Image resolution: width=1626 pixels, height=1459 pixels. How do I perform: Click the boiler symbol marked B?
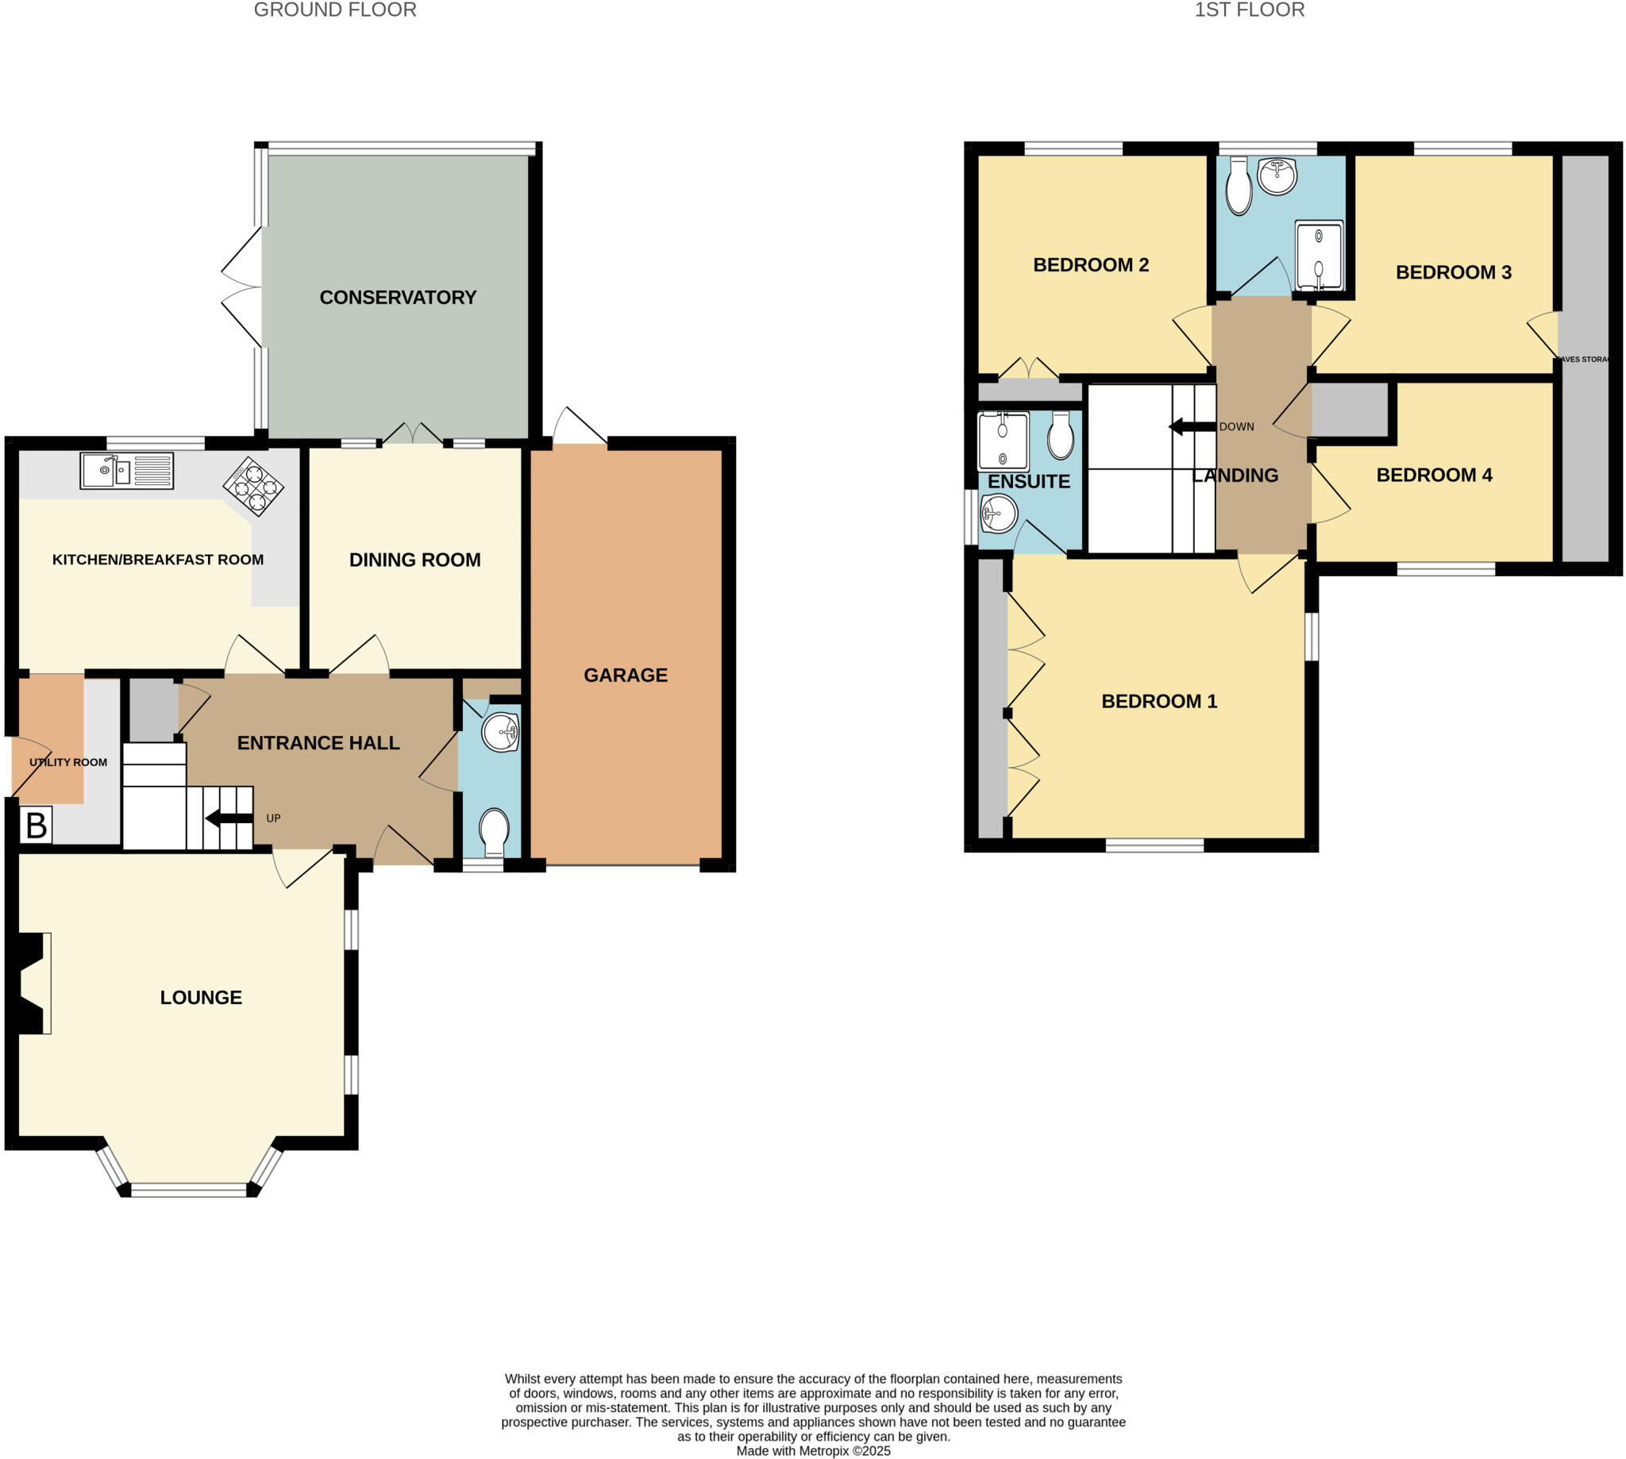click(x=36, y=826)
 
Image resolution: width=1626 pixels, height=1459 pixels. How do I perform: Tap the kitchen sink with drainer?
click(x=127, y=471)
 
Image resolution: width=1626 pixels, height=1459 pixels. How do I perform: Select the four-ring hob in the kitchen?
click(x=253, y=485)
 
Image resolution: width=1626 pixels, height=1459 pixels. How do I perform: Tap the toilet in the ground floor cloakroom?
click(x=493, y=833)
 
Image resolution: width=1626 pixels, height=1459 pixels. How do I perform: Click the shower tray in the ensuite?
click(x=1002, y=441)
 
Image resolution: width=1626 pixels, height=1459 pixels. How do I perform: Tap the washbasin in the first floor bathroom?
click(x=1277, y=176)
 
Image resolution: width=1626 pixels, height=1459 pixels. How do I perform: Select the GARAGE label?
click(x=626, y=675)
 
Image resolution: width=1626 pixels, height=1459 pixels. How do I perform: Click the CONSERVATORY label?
click(x=398, y=298)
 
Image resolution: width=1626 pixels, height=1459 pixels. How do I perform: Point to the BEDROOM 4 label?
click(x=1434, y=475)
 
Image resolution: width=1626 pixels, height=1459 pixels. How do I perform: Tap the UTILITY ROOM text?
click(x=68, y=762)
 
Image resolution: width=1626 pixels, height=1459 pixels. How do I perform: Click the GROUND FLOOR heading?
click(x=335, y=10)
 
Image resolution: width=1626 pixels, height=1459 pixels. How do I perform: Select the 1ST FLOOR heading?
click(x=1249, y=10)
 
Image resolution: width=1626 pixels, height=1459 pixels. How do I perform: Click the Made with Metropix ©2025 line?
click(x=813, y=1450)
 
